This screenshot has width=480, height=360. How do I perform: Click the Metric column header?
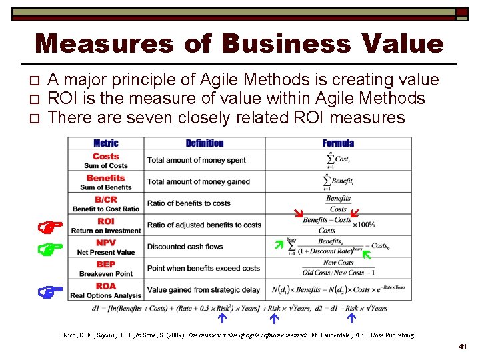(x=106, y=143)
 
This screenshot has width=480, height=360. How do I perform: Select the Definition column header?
(x=205, y=143)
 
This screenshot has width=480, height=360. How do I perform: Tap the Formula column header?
(x=338, y=143)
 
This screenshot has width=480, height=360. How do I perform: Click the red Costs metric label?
(x=106, y=157)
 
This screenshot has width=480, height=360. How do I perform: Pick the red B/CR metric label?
(x=106, y=200)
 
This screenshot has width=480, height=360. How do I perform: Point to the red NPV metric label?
(x=106, y=243)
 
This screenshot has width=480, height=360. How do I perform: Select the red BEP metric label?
(x=106, y=265)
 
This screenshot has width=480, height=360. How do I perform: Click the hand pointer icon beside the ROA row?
(x=51, y=291)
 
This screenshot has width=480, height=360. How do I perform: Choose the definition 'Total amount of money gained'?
(x=199, y=182)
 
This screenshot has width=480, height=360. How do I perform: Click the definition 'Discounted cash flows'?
(x=185, y=247)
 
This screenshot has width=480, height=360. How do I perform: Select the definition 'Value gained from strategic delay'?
(x=203, y=290)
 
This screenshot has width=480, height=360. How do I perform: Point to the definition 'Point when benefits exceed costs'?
(x=203, y=268)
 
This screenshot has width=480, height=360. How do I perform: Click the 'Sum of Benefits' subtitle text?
(x=106, y=187)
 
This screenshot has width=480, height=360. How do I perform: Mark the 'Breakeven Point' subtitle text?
(x=106, y=274)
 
